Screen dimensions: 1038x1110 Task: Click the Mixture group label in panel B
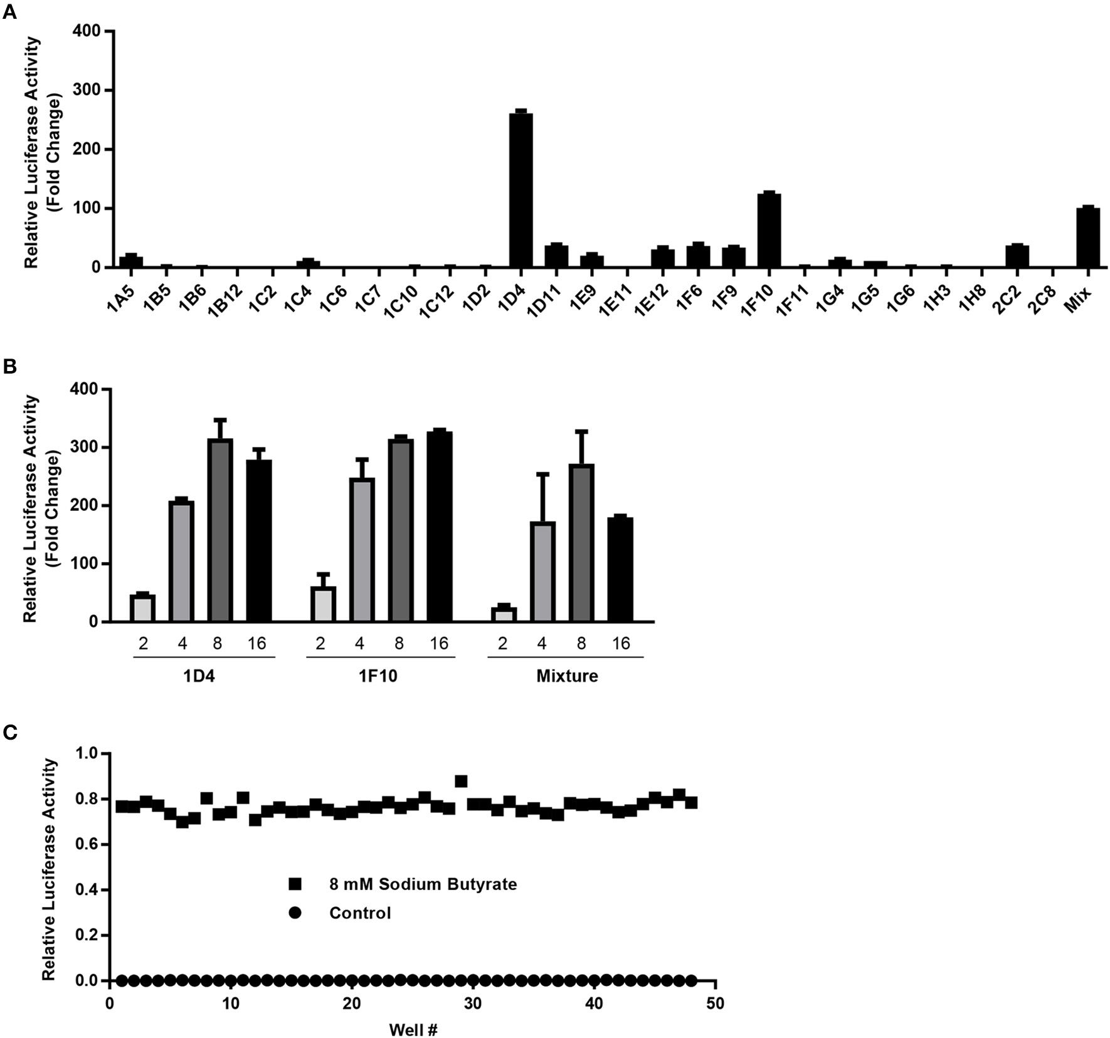(567, 676)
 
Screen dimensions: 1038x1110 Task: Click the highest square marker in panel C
(461, 781)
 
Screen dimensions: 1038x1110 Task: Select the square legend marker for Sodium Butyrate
(295, 884)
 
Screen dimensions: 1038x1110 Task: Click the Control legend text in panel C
(360, 913)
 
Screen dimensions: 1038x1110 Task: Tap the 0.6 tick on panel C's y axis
(89, 845)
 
